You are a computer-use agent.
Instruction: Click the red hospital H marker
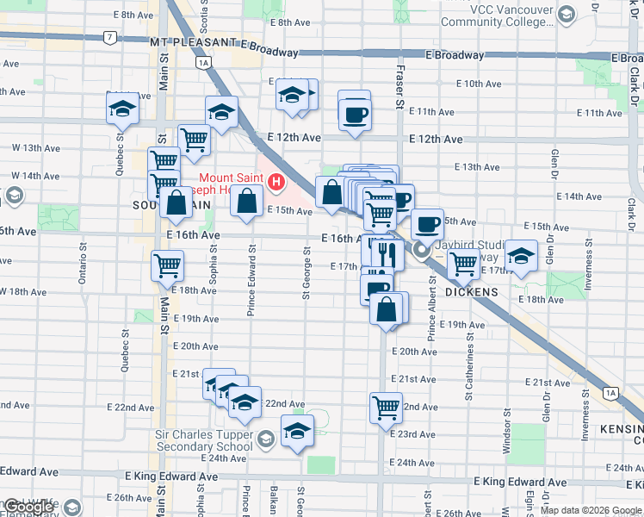[276, 182]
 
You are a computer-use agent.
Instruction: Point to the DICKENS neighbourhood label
[472, 292]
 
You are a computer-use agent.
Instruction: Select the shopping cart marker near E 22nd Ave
[386, 408]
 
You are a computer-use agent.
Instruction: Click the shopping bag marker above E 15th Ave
[246, 202]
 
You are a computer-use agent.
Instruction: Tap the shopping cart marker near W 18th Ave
[167, 266]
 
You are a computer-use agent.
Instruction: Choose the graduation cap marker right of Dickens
[521, 256]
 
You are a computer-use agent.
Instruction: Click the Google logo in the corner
[28, 507]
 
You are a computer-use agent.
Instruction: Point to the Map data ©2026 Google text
[591, 510]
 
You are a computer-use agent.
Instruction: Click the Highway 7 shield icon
[109, 38]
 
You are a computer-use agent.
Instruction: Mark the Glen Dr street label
[554, 168]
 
